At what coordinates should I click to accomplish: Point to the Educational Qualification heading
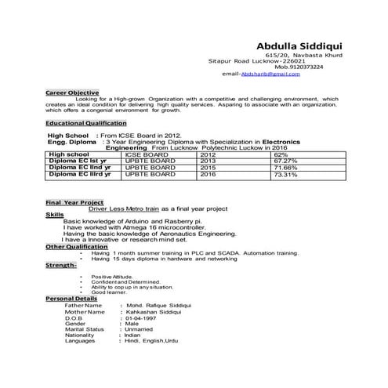pyautogui.click(x=85, y=123)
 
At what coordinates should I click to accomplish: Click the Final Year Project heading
pyautogui.click(x=74, y=202)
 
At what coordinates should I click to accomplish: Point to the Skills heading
pyautogui.click(x=55, y=214)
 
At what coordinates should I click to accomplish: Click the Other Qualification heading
pyautogui.click(x=76, y=246)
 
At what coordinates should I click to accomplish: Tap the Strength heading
pyautogui.click(x=60, y=265)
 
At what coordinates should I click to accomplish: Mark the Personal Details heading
pyautogui.click(x=71, y=299)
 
